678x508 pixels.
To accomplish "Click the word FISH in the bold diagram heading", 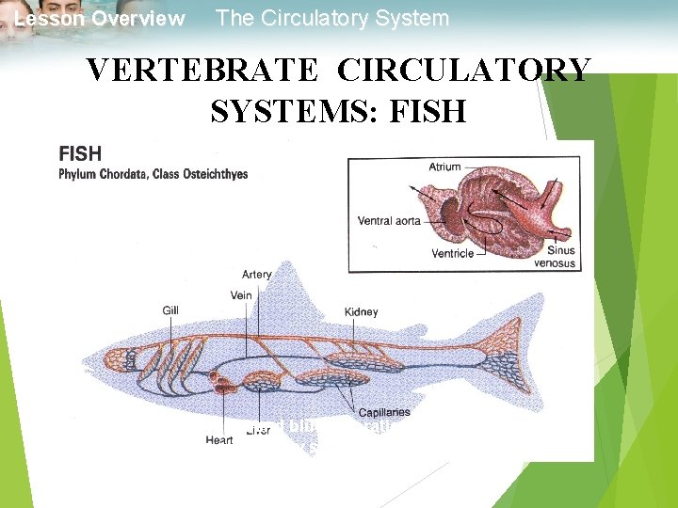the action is point(80,154).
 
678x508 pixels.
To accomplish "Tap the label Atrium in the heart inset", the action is point(444,167).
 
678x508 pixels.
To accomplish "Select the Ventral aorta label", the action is point(388,221).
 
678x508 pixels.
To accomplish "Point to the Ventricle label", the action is point(454,253).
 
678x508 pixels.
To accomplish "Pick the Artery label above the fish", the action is point(257,275).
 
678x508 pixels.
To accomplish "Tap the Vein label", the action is point(241,295).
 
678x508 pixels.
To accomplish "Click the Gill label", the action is point(170,310).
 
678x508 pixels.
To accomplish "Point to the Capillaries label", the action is point(383,413).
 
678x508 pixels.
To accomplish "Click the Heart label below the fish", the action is point(219,439).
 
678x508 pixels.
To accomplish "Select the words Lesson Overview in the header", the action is point(100,19).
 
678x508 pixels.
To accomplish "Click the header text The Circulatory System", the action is point(332,19).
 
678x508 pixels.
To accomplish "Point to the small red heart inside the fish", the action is point(221,382).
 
